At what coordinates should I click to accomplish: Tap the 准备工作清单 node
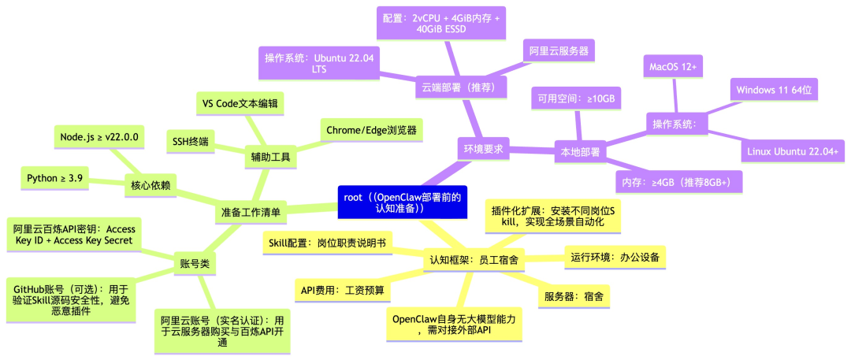tap(251, 212)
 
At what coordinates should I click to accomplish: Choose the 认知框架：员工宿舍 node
tap(474, 259)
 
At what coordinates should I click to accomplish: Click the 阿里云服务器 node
tap(560, 51)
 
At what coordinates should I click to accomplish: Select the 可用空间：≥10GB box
tap(576, 98)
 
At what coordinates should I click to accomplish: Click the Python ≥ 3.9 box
tap(54, 178)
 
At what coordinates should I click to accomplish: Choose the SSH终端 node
tap(190, 142)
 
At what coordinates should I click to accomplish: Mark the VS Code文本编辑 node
tap(240, 103)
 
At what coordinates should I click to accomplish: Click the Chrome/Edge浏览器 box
tap(370, 129)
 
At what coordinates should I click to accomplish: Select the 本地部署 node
tap(579, 151)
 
